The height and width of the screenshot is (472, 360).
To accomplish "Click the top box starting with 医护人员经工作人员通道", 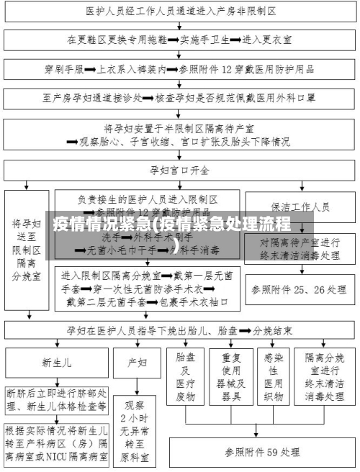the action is [180, 12].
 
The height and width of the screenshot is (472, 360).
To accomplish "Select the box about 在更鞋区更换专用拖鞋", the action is [180, 41].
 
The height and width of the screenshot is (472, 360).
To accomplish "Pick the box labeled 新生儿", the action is [56, 363].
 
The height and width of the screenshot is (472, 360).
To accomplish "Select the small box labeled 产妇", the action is [138, 363].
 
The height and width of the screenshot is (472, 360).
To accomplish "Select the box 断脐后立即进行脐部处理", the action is [56, 400].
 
